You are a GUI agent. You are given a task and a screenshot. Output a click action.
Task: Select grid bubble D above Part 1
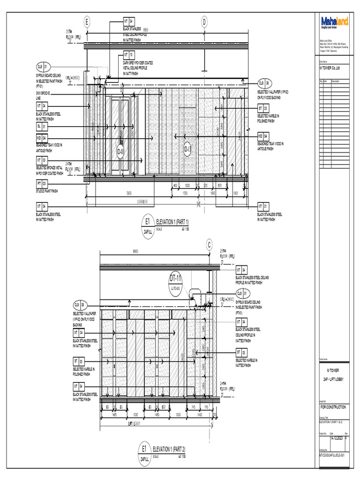(204, 22)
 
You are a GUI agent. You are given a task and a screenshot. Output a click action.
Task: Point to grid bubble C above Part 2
(210, 244)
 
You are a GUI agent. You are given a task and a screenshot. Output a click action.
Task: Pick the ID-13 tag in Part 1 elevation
(187, 150)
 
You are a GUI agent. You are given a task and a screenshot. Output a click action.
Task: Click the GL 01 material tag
(42, 127)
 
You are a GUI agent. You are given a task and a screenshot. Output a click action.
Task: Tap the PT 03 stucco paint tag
(42, 183)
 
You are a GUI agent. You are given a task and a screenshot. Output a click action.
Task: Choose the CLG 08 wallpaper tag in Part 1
(264, 83)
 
